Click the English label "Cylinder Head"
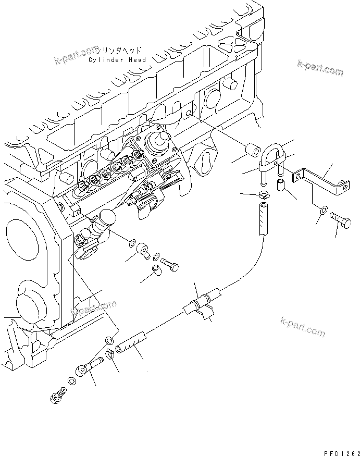pos(117,60)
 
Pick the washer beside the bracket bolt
pos(324,210)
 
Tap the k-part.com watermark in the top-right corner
pos(320,68)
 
